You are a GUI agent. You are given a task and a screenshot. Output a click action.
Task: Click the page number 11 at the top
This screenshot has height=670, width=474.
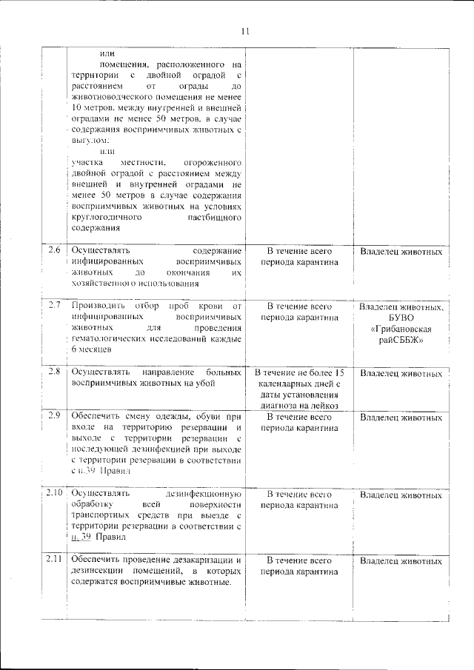click(x=245, y=30)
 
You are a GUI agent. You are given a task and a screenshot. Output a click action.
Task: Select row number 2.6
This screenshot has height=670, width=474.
click(x=53, y=249)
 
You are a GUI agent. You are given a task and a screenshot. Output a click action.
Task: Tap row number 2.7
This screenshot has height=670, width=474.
click(x=53, y=305)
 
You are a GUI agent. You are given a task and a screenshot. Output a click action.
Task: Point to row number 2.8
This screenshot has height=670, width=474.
click(x=53, y=371)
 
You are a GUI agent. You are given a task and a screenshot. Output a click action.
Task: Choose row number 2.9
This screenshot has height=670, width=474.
click(x=53, y=415)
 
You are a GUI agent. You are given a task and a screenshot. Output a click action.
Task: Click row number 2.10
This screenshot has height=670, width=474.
click(x=53, y=492)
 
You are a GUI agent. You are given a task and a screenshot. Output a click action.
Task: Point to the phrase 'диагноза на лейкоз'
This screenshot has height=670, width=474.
click(x=298, y=405)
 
